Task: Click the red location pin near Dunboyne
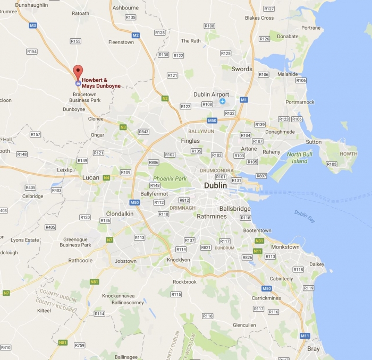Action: pos(78,72)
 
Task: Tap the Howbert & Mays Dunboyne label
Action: pos(101,83)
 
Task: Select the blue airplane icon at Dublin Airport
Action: pos(223,101)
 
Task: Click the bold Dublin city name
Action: pos(216,186)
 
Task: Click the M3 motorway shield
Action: pos(33,25)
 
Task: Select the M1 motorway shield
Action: pos(244,100)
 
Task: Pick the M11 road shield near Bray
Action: pos(305,336)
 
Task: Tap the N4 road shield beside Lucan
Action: pos(107,177)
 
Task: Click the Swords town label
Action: pos(242,69)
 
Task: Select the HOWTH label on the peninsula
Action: pos(348,154)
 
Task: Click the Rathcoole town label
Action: pos(80,261)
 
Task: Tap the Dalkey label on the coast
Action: pos(317,264)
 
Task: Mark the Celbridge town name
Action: pos(32,196)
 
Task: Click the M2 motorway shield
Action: pos(136,35)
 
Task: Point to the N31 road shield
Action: pos(259,241)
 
